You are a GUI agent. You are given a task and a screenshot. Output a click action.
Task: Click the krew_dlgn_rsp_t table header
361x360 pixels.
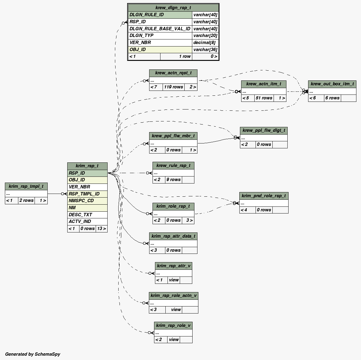[x=173, y=8]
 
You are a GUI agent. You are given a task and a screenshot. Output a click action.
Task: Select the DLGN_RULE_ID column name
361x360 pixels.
[x=146, y=15]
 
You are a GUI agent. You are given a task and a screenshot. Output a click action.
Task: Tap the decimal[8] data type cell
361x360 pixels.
[x=205, y=43]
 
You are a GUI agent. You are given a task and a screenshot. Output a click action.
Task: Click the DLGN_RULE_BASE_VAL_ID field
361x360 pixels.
[x=160, y=29]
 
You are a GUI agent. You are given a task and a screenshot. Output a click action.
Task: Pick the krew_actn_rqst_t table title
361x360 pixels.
[x=173, y=73]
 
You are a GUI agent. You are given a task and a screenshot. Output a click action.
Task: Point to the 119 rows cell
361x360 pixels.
[x=173, y=87]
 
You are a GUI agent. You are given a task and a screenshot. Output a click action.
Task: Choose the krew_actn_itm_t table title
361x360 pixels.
[x=263, y=84]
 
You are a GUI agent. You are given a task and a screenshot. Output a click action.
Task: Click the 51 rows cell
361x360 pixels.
[x=264, y=98]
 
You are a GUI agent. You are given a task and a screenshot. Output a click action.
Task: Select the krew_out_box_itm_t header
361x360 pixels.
[x=332, y=84]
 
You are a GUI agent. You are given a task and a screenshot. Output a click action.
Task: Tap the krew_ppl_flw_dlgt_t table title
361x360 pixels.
[x=263, y=130]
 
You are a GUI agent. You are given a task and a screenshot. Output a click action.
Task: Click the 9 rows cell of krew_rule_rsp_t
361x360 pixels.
[x=173, y=180]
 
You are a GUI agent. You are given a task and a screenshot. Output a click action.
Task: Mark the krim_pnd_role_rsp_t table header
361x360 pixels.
[x=263, y=196]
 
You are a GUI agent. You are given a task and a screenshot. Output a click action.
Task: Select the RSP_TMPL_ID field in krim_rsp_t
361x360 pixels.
[x=84, y=194]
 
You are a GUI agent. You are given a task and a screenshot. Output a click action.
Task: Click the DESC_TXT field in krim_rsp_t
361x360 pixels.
[x=80, y=214]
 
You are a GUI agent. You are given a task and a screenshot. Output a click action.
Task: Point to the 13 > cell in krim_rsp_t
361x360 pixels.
[x=101, y=228]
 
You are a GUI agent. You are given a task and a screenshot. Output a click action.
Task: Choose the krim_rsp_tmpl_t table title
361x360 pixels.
[x=26, y=186]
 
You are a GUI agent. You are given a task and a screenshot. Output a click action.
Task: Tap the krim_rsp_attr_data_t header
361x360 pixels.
[x=173, y=236]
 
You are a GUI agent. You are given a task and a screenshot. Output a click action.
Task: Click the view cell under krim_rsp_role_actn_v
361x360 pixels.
[x=176, y=310]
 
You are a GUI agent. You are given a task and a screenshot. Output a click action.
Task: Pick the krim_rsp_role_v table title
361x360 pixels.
[x=173, y=325]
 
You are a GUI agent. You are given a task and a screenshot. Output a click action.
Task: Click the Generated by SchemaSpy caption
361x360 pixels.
[x=32, y=354]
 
